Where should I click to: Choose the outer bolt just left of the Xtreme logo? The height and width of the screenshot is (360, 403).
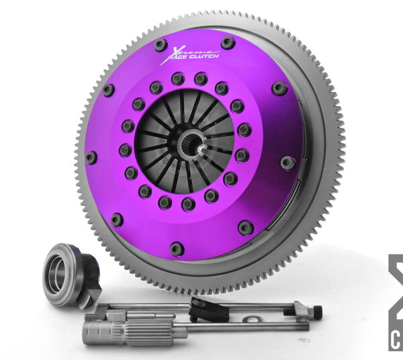pyautogui.click(x=160, y=45)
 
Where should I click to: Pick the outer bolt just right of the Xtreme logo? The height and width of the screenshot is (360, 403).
pyautogui.click(x=228, y=43)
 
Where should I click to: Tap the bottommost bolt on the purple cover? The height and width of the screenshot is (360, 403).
pyautogui.click(x=177, y=249)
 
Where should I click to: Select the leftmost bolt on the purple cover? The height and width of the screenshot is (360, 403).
pyautogui.click(x=91, y=157)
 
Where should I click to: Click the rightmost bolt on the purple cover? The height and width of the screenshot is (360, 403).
pyautogui.click(x=287, y=162)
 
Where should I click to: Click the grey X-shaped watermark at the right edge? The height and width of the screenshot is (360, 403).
pyautogui.click(x=396, y=282)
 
